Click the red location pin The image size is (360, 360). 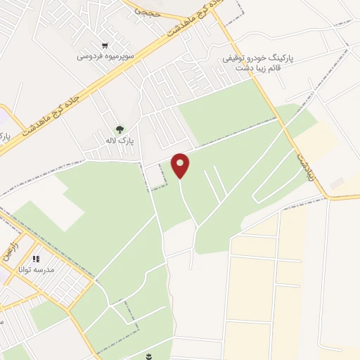pos(181,165)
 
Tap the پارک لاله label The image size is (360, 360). pos(120,141)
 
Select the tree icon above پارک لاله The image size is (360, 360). pos(120,129)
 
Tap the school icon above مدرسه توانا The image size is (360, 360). pos(36,259)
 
